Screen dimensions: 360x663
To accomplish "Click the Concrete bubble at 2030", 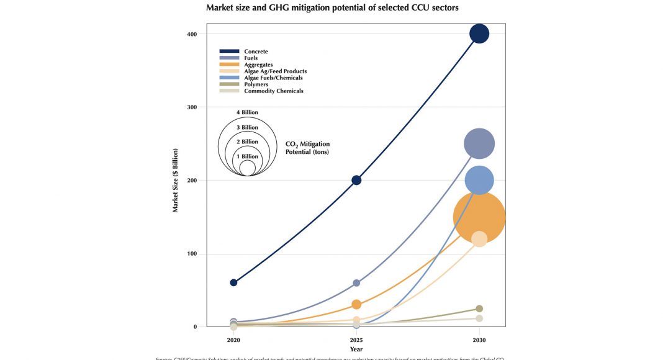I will pos(479,34).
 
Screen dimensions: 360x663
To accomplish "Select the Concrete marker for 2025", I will pos(356,180).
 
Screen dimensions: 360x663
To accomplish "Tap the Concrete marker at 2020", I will pos(233,282).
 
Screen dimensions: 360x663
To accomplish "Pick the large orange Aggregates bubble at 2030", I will pos(479,217).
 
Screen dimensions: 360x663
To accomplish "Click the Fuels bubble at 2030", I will pos(479,144).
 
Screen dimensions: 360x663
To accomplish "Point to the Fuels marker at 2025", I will pos(356,282).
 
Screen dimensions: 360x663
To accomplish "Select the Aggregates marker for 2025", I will pos(356,304).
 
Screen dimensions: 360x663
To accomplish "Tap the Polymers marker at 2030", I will pos(479,308).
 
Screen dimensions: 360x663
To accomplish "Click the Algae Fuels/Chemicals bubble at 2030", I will pos(479,180).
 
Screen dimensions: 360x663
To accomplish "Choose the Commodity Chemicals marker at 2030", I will pos(479,318).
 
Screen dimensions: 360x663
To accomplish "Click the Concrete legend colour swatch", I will pos(229,51).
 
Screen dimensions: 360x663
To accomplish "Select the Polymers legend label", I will pos(256,84).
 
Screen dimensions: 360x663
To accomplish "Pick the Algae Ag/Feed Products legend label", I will pos(275,71).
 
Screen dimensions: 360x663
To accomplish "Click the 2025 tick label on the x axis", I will pos(356,340).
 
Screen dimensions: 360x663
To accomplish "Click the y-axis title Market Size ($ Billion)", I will pos(176,181).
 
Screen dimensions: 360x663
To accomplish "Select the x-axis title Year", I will pos(356,349).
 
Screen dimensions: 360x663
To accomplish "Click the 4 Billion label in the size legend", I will pos(247,112).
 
